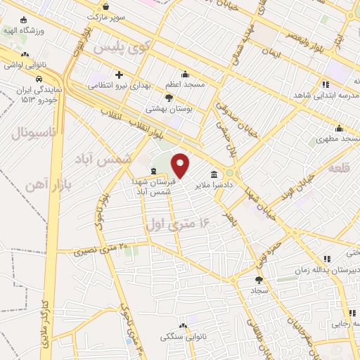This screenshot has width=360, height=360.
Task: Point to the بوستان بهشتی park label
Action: [165, 109]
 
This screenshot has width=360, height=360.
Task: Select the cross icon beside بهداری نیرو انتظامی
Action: [119, 75]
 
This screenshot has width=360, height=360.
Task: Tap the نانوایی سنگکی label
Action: [184, 337]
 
